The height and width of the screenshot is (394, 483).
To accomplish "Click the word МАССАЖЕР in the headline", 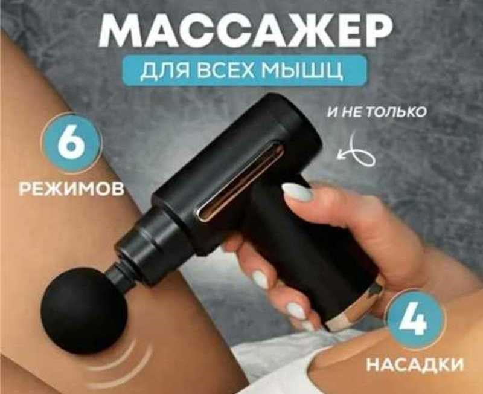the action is pyautogui.click(x=246, y=31).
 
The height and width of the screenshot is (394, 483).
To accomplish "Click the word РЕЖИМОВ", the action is pyautogui.click(x=71, y=189).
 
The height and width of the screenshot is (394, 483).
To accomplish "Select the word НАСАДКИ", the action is pyautogui.click(x=415, y=365).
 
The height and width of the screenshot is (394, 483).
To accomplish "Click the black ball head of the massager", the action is pyautogui.click(x=84, y=310).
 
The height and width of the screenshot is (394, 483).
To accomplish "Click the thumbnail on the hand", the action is pyautogui.click(x=298, y=192).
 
